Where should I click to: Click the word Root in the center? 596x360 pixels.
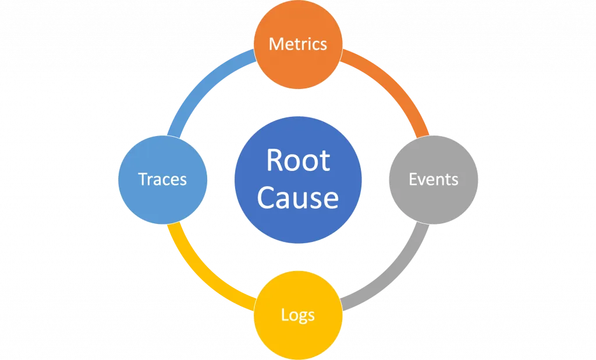coord(298,161)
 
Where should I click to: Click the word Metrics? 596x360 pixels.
coord(298,44)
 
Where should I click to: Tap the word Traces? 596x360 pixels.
coord(163,179)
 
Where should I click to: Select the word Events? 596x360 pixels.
coord(434,179)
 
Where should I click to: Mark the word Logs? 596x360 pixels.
coord(298,315)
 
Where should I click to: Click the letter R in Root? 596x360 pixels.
coord(274,161)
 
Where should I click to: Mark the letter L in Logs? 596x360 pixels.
coord(284,315)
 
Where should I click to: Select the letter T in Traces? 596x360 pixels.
coord(143,179)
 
